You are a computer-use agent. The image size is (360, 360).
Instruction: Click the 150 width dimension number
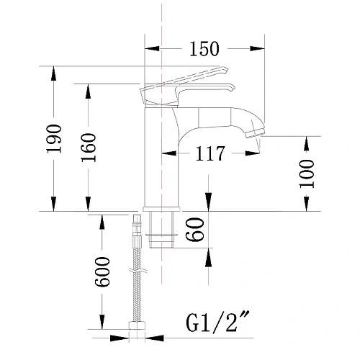(204, 49)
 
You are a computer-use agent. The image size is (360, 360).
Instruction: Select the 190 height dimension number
(54, 139)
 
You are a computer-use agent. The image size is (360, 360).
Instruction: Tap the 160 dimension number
(89, 148)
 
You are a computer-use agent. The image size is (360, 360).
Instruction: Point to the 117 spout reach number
(210, 153)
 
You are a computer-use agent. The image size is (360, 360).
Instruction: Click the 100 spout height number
(307, 174)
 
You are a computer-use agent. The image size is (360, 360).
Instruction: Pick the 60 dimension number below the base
(195, 229)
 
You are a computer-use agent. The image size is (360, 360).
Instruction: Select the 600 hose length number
(102, 271)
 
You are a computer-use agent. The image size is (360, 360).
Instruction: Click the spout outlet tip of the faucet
(256, 133)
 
